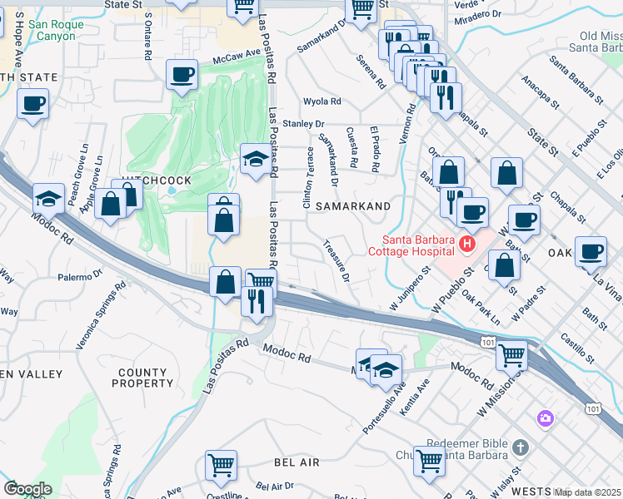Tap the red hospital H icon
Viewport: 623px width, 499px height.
pos(466,245)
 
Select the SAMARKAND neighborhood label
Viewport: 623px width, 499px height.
pos(349,205)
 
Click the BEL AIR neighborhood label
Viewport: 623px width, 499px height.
pos(273,461)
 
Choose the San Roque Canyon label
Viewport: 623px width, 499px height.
pos(56,31)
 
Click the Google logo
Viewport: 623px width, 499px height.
pos(27,489)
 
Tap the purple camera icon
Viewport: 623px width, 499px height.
pos(546,418)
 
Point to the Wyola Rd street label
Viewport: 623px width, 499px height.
pos(322,101)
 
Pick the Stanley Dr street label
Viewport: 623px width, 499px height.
pos(302,124)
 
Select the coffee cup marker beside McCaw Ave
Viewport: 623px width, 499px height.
pos(182,76)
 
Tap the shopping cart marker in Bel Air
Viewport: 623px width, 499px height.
pos(221,466)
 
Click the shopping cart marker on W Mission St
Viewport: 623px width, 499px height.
pos(511,355)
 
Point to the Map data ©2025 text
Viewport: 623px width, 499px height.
pos(587,492)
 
